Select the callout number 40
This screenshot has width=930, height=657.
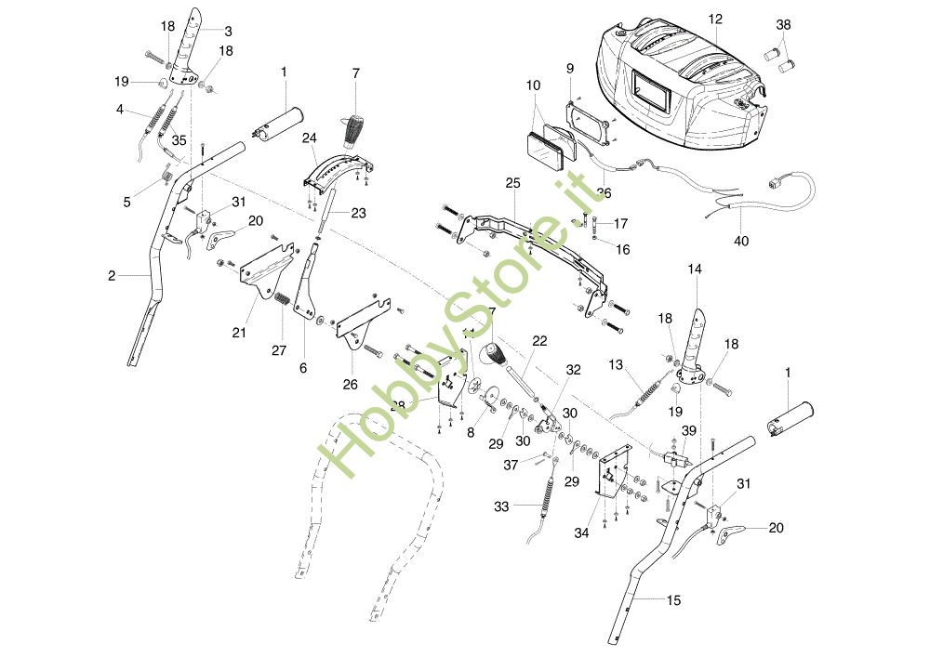pos(741,241)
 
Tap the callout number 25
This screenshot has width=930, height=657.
pos(512,184)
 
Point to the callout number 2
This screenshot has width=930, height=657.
pos(112,275)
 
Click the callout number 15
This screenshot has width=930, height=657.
pos(673,600)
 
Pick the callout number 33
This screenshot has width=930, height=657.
pos(501,506)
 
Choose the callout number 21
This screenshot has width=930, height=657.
pos(239,332)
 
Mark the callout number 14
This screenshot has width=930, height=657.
pos(695,269)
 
